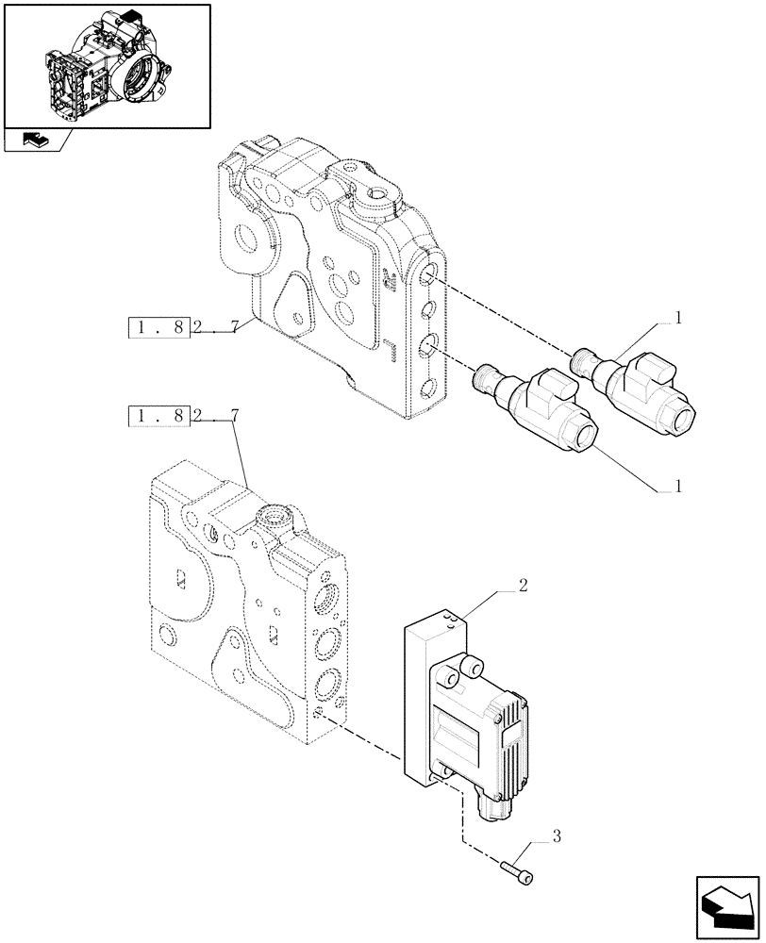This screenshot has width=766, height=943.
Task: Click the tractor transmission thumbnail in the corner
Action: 106,63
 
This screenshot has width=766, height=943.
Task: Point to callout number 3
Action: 557,835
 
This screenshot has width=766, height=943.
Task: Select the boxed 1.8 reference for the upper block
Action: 159,329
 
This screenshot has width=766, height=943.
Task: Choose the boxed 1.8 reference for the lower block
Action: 159,415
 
